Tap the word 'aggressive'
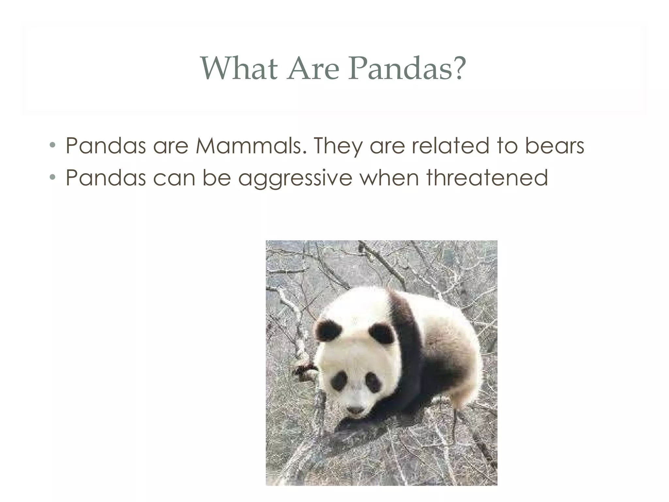point(295,178)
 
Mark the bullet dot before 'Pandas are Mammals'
point(52,145)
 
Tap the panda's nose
point(355,410)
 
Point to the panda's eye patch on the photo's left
point(340,381)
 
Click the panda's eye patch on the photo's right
point(373,382)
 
